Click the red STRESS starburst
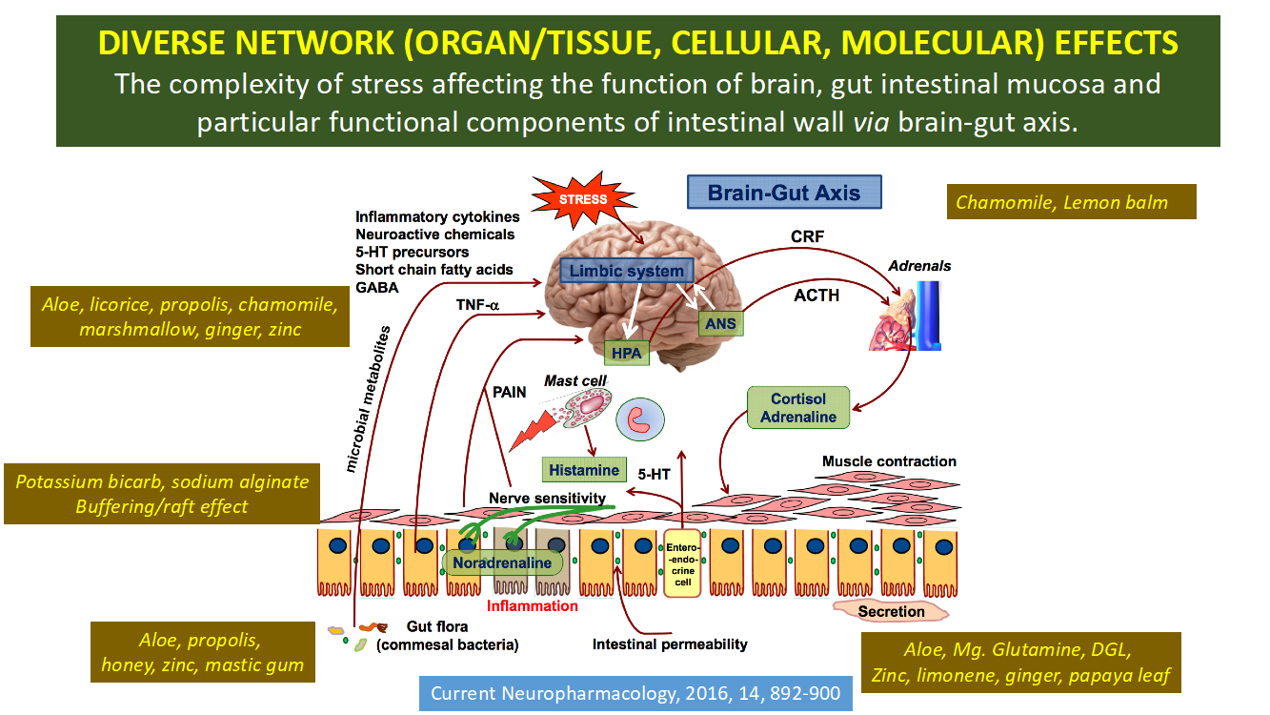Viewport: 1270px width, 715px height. [x=581, y=200]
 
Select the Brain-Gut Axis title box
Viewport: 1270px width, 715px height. [x=784, y=192]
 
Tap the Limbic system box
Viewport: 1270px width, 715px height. [x=626, y=271]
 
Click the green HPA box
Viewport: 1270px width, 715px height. [x=626, y=354]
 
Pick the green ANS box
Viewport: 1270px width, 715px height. [x=721, y=324]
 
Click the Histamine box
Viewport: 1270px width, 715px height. [x=584, y=470]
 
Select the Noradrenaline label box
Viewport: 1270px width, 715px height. [x=502, y=562]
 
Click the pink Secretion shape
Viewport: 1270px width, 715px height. [x=891, y=611]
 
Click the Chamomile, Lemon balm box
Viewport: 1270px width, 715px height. [x=1071, y=202]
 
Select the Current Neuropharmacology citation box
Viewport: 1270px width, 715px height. [x=635, y=693]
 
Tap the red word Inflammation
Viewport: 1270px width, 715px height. [x=533, y=605]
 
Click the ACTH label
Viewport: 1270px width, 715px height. [x=816, y=296]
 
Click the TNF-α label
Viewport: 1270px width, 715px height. [x=479, y=304]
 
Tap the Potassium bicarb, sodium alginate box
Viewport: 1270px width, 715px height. [x=162, y=494]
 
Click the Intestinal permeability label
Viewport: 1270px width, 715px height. [x=670, y=643]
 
